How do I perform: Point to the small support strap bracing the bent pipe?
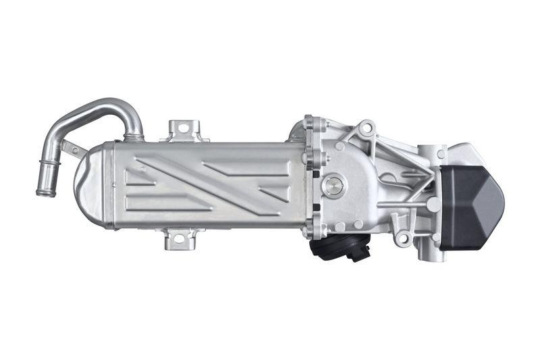(74, 148)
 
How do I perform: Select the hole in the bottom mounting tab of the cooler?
(180, 237)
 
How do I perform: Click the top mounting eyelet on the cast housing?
(367, 127)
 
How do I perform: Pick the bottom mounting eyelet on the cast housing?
(403, 238)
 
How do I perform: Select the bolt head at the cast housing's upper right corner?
(441, 154)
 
